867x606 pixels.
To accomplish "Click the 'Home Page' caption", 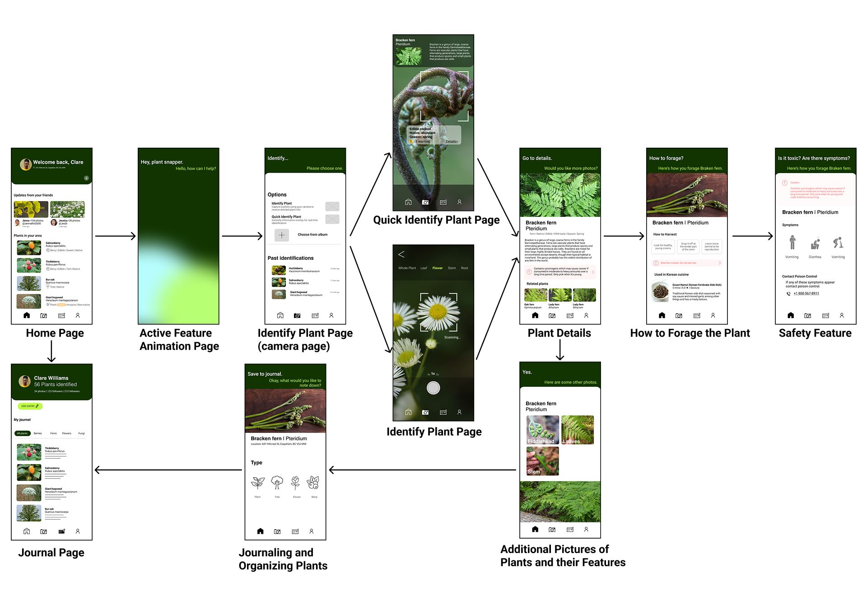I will click(x=55, y=333).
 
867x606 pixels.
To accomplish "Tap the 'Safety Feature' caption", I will click(x=815, y=333).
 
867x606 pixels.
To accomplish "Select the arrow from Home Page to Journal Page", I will click(x=51, y=351).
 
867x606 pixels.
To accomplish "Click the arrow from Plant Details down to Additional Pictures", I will click(x=560, y=349).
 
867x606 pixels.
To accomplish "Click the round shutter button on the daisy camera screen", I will click(x=433, y=388).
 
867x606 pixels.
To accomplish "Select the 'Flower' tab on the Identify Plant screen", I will click(x=437, y=268).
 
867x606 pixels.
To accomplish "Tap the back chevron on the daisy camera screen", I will click(x=401, y=254).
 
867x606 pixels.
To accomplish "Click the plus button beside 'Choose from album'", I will click(x=281, y=235).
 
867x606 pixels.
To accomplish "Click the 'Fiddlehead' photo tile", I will click(x=542, y=430).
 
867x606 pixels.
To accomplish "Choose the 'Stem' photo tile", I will click(x=542, y=461).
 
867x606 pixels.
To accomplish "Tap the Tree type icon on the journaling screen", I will click(x=277, y=483).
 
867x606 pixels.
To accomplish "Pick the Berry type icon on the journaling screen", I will click(x=313, y=483).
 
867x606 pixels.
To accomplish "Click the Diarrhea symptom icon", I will click(x=815, y=244).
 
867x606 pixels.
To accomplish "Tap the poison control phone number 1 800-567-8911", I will click(x=806, y=293).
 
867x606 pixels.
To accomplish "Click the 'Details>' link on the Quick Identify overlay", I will click(x=452, y=141).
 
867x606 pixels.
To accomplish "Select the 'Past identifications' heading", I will click(x=290, y=258).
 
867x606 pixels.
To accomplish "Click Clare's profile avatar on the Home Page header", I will click(x=26, y=164).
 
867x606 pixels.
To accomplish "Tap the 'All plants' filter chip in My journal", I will click(x=23, y=433).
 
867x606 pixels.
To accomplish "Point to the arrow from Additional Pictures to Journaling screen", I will click(x=422, y=470).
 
